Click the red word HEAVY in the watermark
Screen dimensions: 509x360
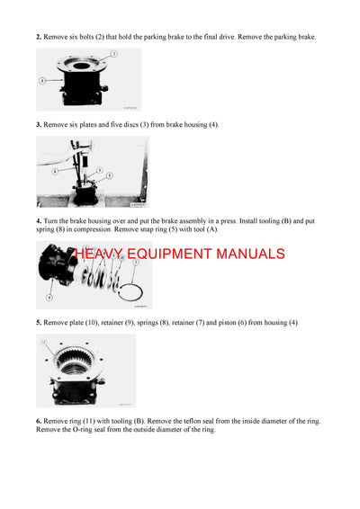pos(102,254)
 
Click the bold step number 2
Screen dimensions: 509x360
pos(39,37)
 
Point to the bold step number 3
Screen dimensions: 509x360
pos(39,123)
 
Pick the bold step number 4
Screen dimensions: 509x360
pos(39,220)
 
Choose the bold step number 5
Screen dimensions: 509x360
pos(39,322)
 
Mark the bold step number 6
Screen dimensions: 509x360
pos(39,421)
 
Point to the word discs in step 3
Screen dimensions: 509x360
pos(145,123)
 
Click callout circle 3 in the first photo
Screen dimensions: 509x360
pos(114,55)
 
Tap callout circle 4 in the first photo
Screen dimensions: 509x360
pos(42,81)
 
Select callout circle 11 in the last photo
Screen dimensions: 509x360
pos(42,342)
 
